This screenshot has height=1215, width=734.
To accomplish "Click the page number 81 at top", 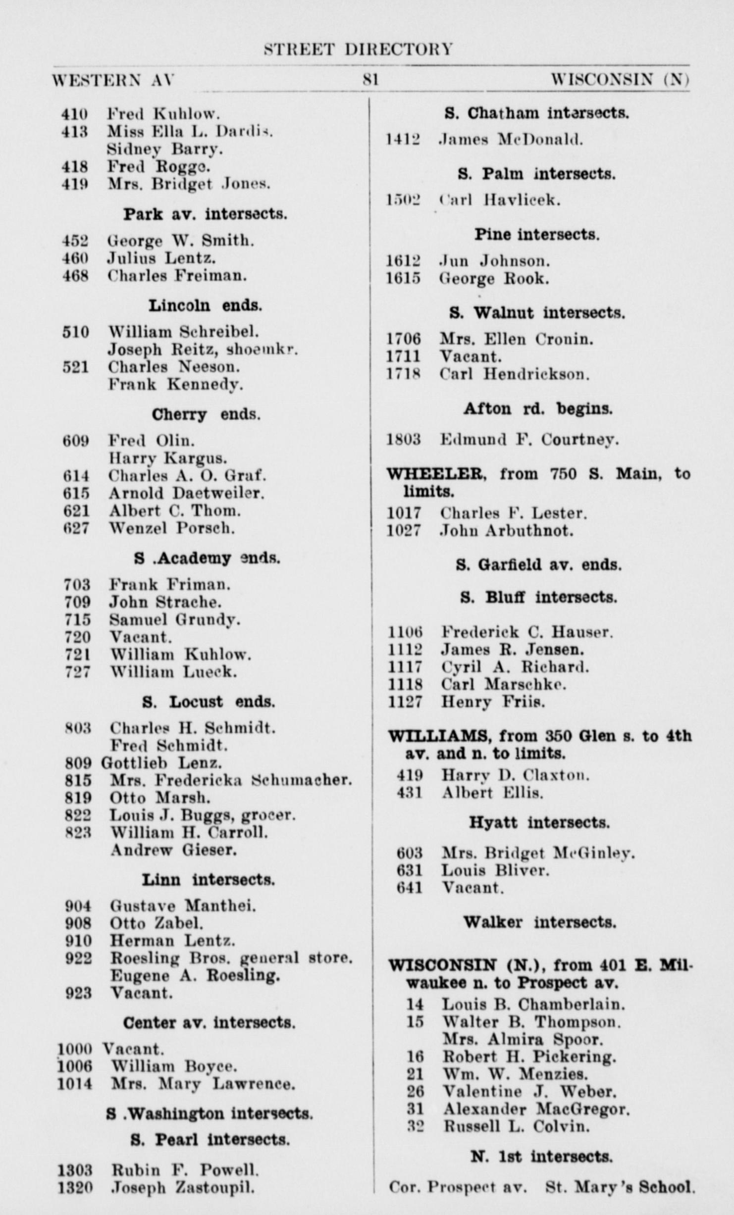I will (x=370, y=80).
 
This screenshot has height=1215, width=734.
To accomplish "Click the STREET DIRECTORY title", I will (x=358, y=50).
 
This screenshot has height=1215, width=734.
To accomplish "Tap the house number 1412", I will (x=403, y=140).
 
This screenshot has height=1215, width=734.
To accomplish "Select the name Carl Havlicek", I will (x=500, y=200).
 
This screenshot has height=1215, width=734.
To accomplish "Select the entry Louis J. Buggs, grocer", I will (x=202, y=815).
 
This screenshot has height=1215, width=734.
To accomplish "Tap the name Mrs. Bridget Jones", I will (x=189, y=184).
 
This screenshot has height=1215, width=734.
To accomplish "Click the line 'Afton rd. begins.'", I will (x=538, y=408).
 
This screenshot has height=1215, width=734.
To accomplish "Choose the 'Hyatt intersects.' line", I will (x=539, y=823).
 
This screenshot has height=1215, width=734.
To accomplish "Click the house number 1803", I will (x=403, y=439).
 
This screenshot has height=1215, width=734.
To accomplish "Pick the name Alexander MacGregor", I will (x=536, y=1110).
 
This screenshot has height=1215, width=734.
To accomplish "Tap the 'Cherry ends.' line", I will (x=206, y=414).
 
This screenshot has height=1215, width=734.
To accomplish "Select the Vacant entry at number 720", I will (x=141, y=637).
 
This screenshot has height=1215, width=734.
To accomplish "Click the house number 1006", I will (x=75, y=1066).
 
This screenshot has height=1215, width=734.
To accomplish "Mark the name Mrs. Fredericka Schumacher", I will (x=230, y=780).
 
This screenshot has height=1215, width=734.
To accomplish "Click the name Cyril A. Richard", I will (x=515, y=667).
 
